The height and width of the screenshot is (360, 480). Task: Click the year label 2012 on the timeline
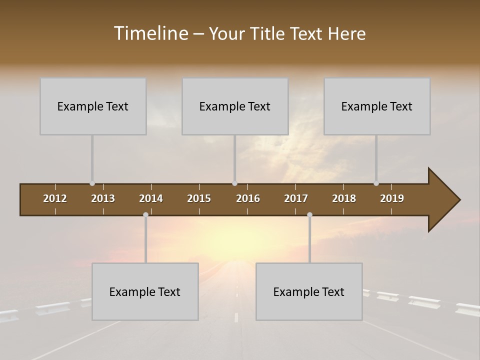pos(55,198)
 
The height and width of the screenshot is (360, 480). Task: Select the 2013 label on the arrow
pos(103,198)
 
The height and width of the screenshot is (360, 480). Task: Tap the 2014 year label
pos(151,198)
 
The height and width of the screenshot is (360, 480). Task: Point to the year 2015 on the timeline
pos(199,198)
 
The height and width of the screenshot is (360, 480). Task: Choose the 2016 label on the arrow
pos(248,198)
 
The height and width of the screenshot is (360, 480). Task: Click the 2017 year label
pos(296,198)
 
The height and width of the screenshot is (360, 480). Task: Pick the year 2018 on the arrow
pos(344,198)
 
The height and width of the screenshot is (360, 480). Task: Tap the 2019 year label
pos(392,198)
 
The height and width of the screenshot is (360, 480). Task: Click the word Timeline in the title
pos(150,33)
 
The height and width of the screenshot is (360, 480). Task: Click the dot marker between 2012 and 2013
pos(92,183)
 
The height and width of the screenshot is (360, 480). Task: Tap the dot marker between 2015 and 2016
pos(234,183)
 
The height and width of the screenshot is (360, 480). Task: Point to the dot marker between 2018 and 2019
pos(376,183)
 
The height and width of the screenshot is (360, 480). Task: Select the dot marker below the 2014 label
pos(145,215)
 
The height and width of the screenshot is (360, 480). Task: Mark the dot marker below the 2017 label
pos(309,215)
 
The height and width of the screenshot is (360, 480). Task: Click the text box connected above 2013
pos(93,106)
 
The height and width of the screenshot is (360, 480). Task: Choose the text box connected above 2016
pos(235,106)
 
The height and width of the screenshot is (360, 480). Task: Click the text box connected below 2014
pos(145,291)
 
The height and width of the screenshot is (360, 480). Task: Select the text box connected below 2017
pos(309,291)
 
